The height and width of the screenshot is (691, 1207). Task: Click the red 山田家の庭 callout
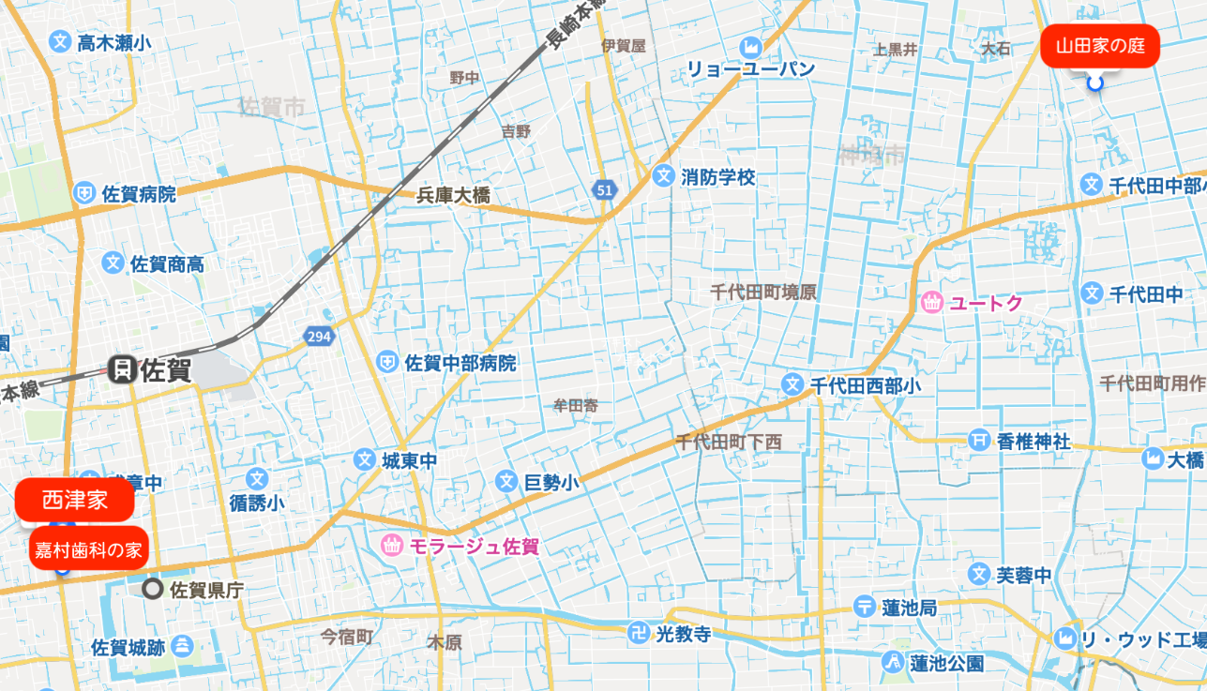[1099, 47]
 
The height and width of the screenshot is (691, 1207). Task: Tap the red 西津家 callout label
[75, 500]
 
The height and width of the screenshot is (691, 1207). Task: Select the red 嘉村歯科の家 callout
[88, 549]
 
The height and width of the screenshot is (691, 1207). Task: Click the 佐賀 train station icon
[121, 369]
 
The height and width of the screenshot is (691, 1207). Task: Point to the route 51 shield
[604, 190]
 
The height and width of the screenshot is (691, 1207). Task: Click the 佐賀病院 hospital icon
[85, 194]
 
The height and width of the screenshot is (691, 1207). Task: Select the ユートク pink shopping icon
[932, 303]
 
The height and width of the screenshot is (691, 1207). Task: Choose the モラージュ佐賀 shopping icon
[392, 544]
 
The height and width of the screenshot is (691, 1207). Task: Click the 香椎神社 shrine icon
[979, 441]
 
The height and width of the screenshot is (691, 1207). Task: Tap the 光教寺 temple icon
[640, 634]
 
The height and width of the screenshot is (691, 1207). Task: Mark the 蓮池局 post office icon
[865, 608]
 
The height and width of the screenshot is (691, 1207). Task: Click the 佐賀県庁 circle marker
[153, 590]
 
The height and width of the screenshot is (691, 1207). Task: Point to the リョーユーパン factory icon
[750, 46]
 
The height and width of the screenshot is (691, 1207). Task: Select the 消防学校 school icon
[664, 175]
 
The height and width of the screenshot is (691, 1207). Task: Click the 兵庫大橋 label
[453, 196]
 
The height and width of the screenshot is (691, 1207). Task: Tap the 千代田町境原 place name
[762, 292]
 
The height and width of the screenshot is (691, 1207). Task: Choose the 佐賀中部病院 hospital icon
[386, 362]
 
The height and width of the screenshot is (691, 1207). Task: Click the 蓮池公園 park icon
[892, 663]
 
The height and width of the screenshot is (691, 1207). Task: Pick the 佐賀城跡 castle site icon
[183, 646]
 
